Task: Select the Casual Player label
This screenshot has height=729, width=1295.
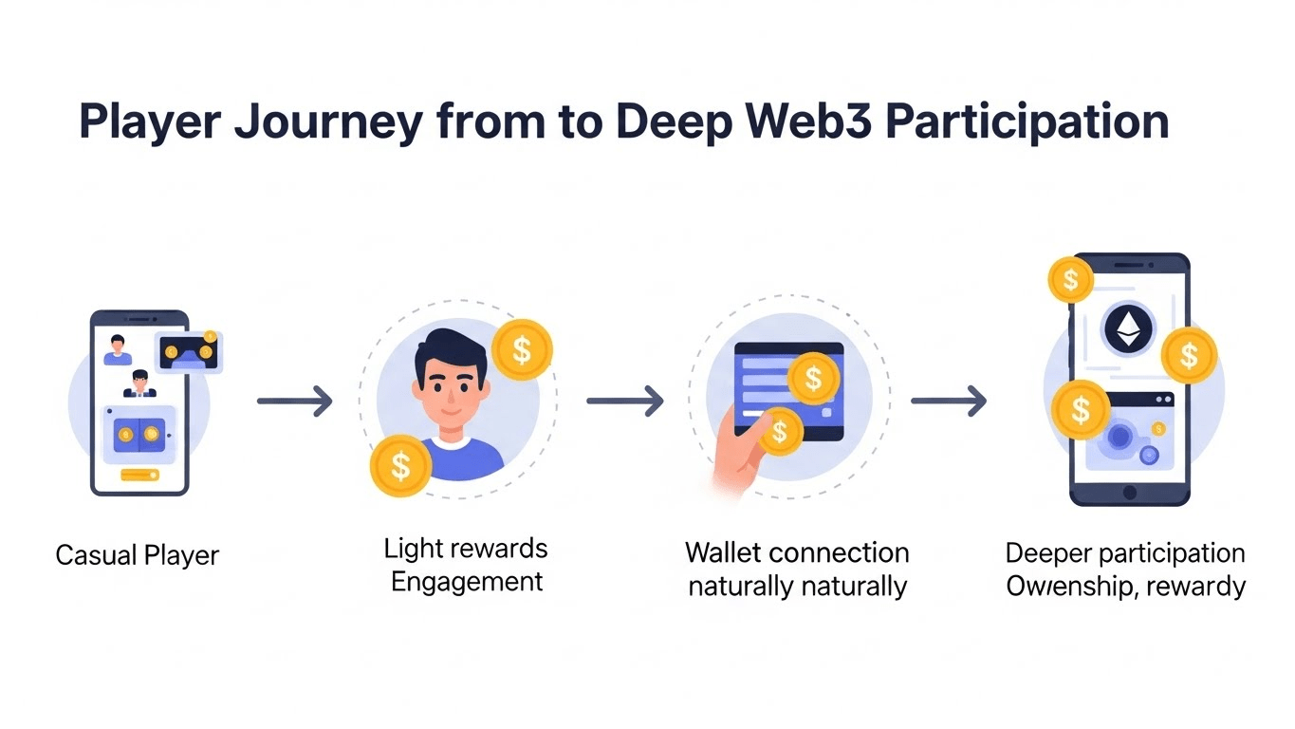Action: click(138, 554)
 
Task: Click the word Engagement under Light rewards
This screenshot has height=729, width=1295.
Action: click(467, 581)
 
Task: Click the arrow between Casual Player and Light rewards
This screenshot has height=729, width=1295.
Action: click(295, 402)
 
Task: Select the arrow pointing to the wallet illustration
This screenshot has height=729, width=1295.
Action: click(624, 402)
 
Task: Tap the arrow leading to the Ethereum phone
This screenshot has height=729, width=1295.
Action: click(949, 402)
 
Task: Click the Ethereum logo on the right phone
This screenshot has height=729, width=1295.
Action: click(1128, 330)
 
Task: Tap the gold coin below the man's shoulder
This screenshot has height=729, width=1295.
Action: click(400, 465)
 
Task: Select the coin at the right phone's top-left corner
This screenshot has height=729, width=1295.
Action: click(1071, 280)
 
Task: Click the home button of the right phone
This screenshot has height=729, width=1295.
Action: click(1129, 492)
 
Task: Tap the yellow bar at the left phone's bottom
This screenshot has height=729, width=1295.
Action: click(139, 474)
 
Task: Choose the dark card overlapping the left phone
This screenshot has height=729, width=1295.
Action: click(190, 352)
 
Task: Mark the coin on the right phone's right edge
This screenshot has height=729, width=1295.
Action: click(1189, 356)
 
